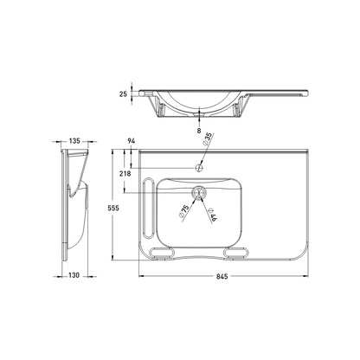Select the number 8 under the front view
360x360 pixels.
(x=199, y=130)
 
